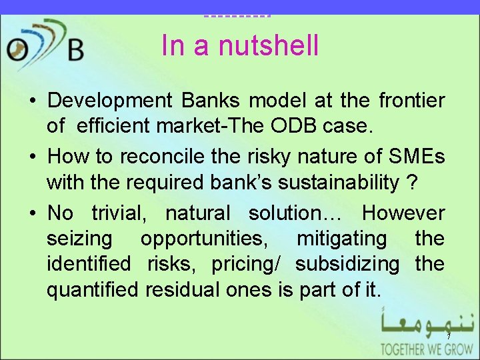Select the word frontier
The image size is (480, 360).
(x=411, y=101)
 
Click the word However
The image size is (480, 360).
(x=403, y=213)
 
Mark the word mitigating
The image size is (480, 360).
(x=341, y=239)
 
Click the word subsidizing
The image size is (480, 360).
(x=347, y=264)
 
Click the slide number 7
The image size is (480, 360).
(x=449, y=336)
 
